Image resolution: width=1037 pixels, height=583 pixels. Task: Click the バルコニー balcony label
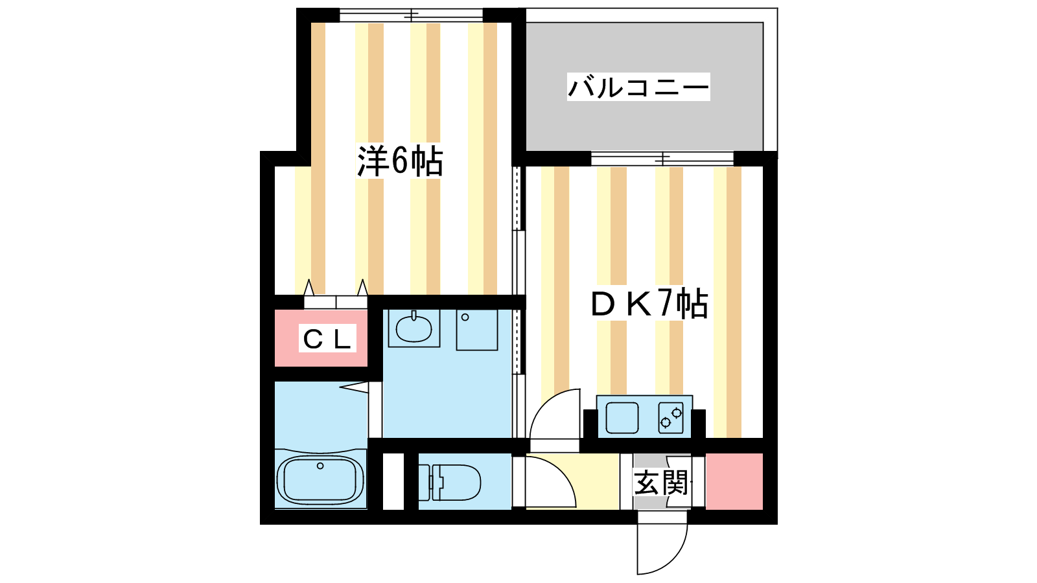point(638,87)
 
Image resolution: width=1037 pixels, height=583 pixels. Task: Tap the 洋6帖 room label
point(400,161)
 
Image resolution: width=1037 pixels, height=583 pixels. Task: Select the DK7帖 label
point(649,303)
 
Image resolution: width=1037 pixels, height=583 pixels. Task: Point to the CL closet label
point(327,339)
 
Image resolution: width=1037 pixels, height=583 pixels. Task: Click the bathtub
point(320,480)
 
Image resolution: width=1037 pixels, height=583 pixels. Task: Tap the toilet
point(450,483)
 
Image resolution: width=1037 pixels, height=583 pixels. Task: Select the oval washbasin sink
point(414,328)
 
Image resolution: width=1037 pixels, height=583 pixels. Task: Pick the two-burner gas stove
point(671,417)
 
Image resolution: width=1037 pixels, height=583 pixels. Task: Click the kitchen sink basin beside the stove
point(622,417)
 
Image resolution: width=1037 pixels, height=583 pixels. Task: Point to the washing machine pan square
point(477,330)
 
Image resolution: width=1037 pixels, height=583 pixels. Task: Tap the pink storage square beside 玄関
point(734,481)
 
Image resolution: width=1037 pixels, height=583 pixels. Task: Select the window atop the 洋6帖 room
point(411,15)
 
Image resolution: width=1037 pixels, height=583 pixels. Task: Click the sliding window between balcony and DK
point(662,159)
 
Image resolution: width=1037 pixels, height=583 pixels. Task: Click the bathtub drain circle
point(320,466)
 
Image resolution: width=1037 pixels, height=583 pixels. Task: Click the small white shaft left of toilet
point(393,481)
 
